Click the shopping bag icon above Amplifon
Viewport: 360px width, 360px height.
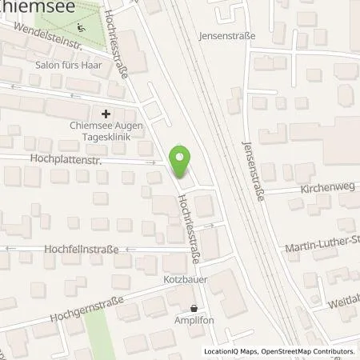tap(194, 307)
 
